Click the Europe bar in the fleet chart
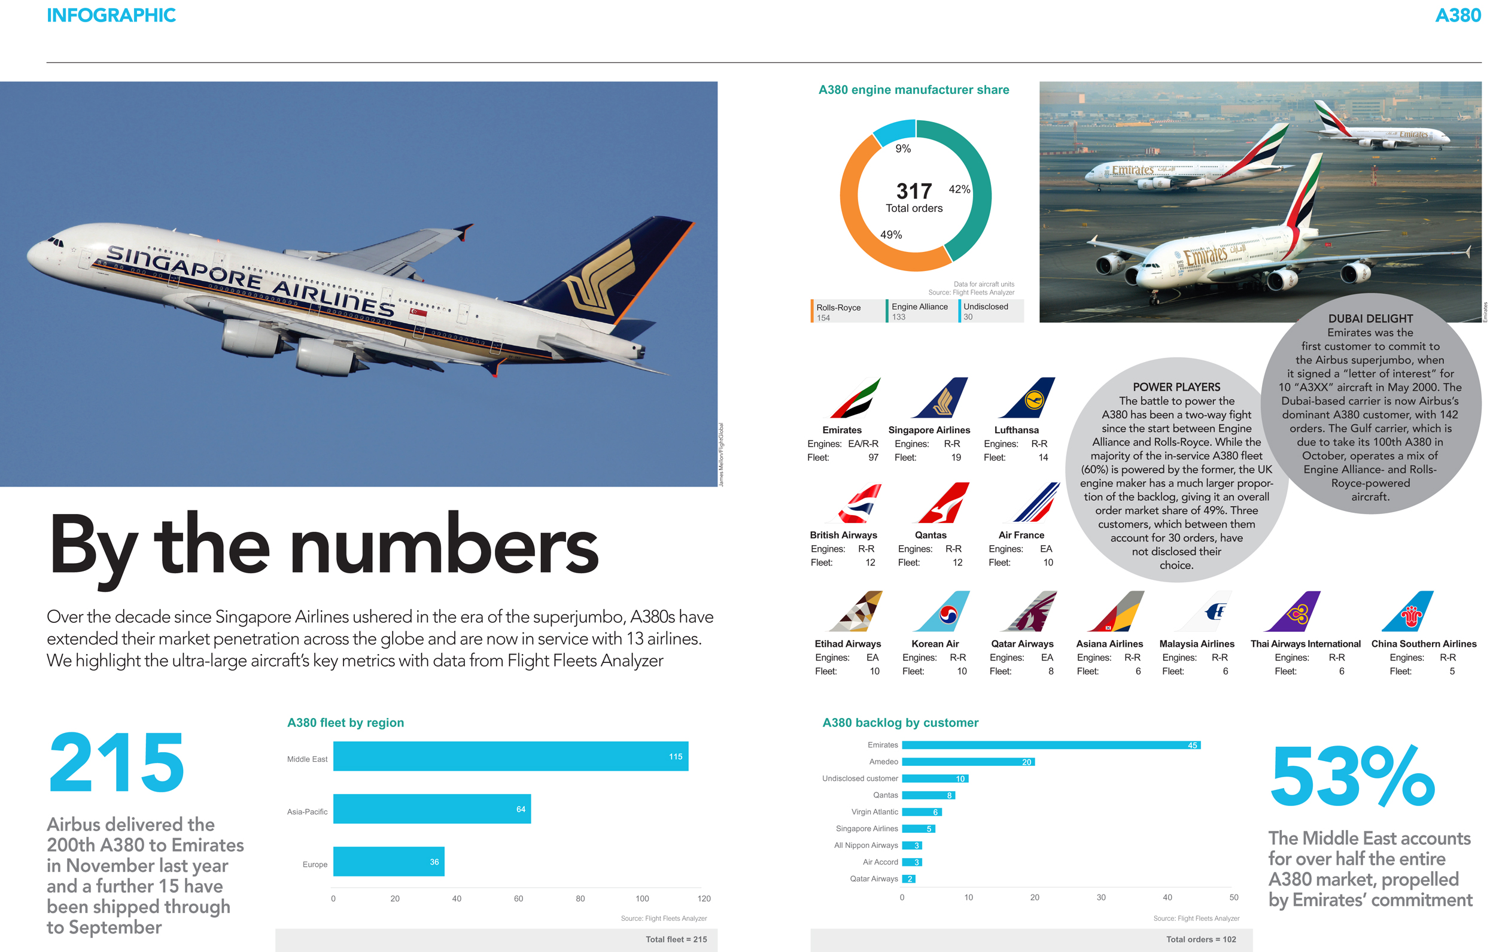388,861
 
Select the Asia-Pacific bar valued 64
432,808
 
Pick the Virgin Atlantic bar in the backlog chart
922,812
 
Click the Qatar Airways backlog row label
874,878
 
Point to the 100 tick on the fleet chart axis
641,899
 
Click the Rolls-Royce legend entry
838,311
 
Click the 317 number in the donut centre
914,191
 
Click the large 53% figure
1352,777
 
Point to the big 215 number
117,762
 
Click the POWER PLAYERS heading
1176,387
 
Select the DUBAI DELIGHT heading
1370,319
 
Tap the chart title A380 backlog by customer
900,723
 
